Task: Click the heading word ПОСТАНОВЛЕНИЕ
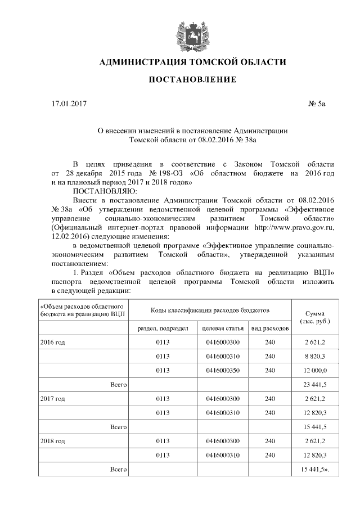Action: [192, 80]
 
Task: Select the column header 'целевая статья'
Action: [222, 327]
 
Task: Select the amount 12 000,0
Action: [315, 370]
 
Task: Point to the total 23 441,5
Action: [315, 384]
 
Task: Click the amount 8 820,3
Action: [315, 355]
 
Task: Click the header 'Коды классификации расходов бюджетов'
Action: [210, 310]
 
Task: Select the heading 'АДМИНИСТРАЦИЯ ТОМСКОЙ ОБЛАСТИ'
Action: [192, 61]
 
